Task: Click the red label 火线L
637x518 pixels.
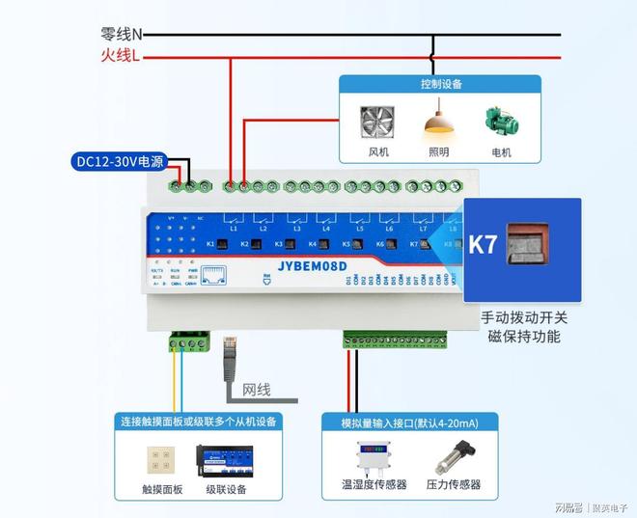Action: click(x=120, y=57)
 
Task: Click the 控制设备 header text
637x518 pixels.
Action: click(x=441, y=84)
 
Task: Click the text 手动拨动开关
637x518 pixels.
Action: click(x=524, y=317)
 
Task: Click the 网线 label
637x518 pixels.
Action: click(x=256, y=390)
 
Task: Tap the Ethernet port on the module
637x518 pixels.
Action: click(x=218, y=277)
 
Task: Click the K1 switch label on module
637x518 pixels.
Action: click(x=210, y=245)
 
